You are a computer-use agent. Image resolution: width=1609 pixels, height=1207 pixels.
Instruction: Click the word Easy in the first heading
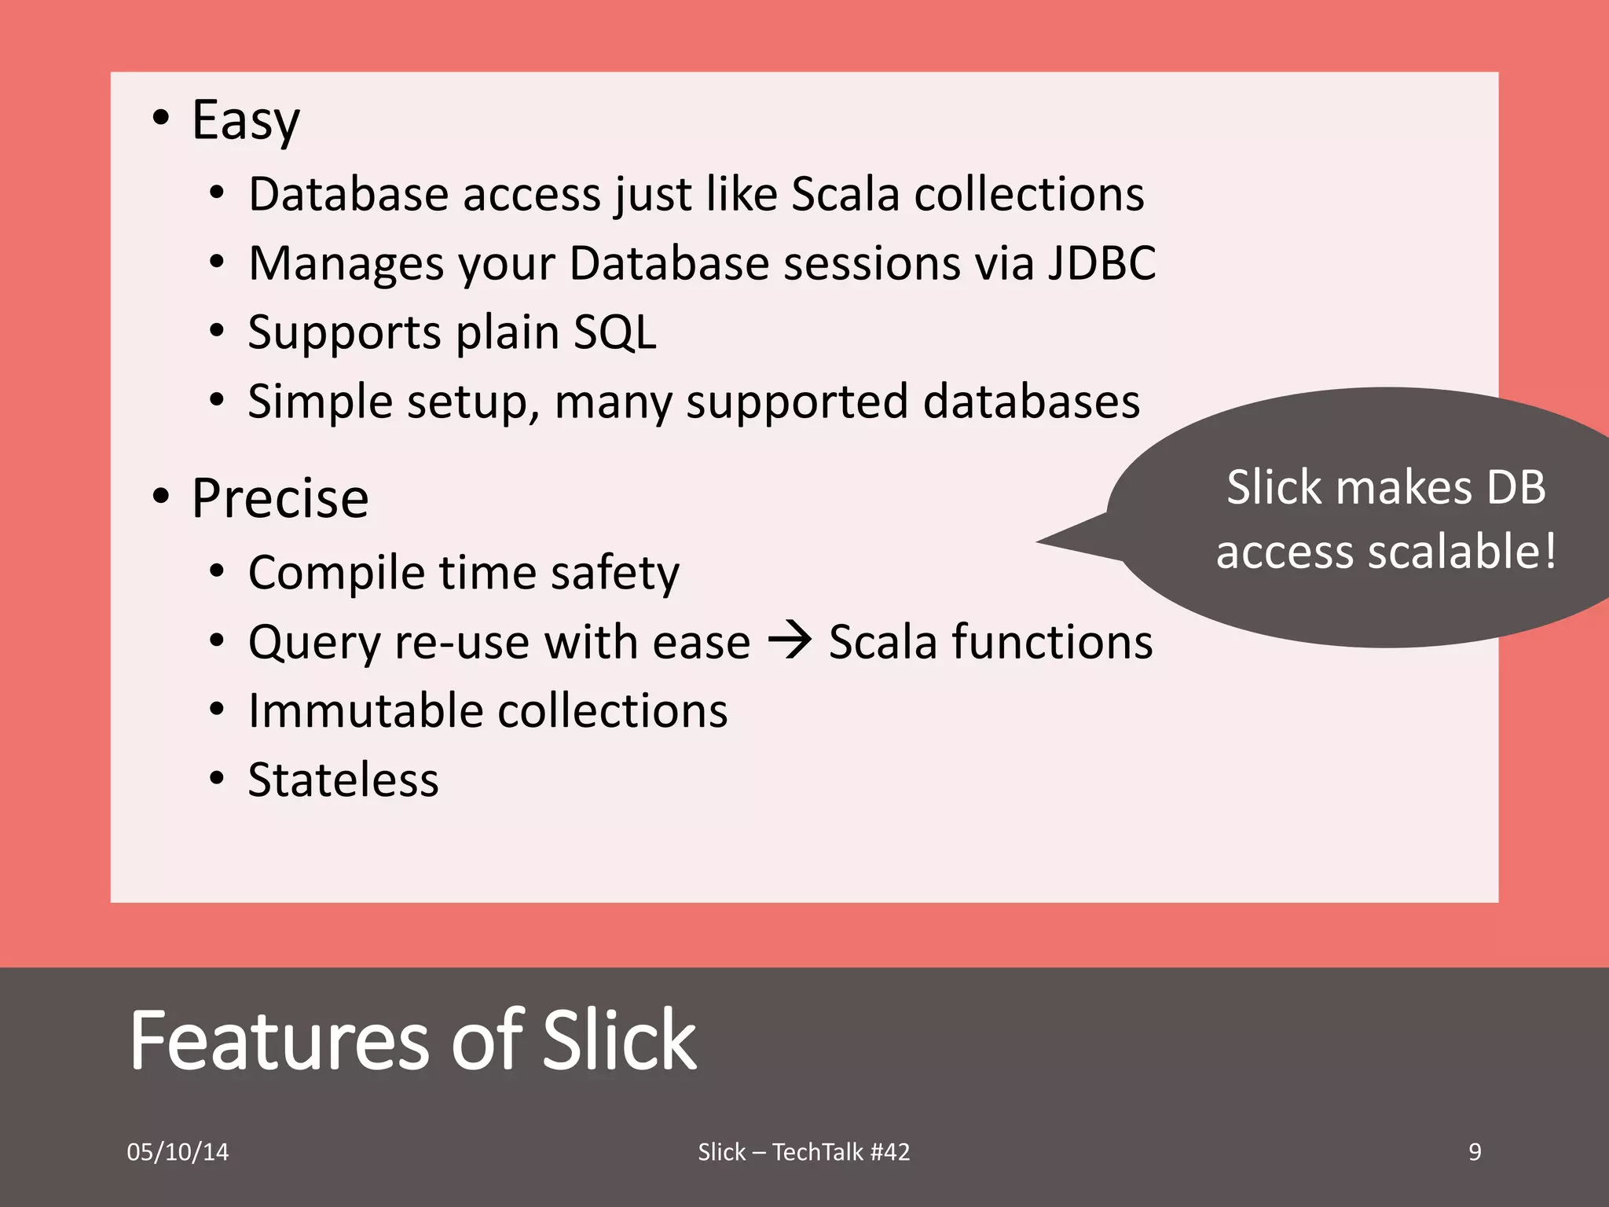246,122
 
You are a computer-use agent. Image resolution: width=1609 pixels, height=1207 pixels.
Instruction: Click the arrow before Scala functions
790,640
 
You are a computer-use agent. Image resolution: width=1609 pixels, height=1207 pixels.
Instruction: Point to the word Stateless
343,780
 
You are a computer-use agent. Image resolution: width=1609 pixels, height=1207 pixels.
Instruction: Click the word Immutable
365,710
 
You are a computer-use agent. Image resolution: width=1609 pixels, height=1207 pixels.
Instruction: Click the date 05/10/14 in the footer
178,1152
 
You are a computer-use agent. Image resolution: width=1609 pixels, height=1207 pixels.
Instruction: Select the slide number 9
1475,1152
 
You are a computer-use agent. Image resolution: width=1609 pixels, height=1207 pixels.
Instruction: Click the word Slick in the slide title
619,1040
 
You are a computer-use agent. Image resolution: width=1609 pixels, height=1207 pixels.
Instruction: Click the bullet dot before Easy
161,119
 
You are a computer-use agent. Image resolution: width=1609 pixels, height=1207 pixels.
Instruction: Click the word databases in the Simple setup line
1031,402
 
